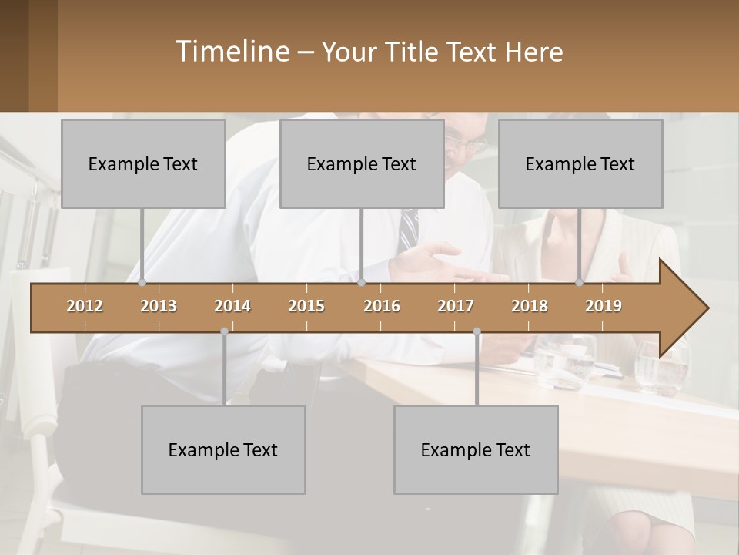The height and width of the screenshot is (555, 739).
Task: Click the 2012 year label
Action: point(85,306)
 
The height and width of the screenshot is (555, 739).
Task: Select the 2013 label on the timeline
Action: point(159,306)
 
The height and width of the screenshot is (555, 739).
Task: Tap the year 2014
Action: point(232,306)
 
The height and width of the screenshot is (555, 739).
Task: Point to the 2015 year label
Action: point(306,306)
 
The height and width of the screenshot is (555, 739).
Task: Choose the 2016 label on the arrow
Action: point(382,306)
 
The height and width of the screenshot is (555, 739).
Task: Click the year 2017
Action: point(456,306)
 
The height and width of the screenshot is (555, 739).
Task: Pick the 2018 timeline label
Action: point(530,306)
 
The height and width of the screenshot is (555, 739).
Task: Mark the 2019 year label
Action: point(604,306)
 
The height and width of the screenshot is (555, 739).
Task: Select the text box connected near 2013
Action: point(143,163)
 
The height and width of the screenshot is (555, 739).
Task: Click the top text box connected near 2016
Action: point(362,163)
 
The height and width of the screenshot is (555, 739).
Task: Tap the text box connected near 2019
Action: point(580,163)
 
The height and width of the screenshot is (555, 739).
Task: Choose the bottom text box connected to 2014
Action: point(223,449)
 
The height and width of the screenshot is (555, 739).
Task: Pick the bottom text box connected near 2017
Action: point(476,449)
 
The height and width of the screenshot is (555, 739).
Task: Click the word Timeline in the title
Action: point(232,52)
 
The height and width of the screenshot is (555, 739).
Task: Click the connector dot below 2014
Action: point(224,331)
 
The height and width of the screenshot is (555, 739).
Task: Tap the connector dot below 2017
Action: point(477,331)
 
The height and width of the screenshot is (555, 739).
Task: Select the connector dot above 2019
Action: point(580,283)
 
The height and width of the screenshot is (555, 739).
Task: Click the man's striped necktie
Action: point(409,227)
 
